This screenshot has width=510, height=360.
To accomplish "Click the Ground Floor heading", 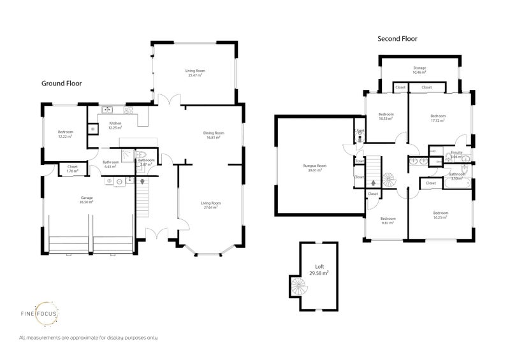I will pyautogui.click(x=61, y=83).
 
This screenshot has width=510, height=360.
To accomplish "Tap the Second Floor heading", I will pyautogui.click(x=397, y=38).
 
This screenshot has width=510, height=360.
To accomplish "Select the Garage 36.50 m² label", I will pyautogui.click(x=86, y=200).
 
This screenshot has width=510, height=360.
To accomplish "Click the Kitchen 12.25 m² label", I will pyautogui.click(x=115, y=126).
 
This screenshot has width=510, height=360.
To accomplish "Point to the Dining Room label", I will pyautogui.click(x=212, y=134).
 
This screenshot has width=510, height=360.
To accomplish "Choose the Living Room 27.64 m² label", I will pyautogui.click(x=210, y=205).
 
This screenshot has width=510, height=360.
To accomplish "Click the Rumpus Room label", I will pyautogui.click(x=312, y=168).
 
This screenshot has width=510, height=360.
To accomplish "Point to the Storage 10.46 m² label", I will pyautogui.click(x=419, y=70).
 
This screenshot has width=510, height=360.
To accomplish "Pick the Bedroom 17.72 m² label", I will pyautogui.click(x=437, y=118).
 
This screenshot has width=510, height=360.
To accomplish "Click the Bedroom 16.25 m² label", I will pyautogui.click(x=440, y=215).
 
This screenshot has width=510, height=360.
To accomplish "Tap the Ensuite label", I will pyautogui.click(x=456, y=154).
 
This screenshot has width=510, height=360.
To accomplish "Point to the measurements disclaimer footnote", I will pyautogui.click(x=89, y=337).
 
